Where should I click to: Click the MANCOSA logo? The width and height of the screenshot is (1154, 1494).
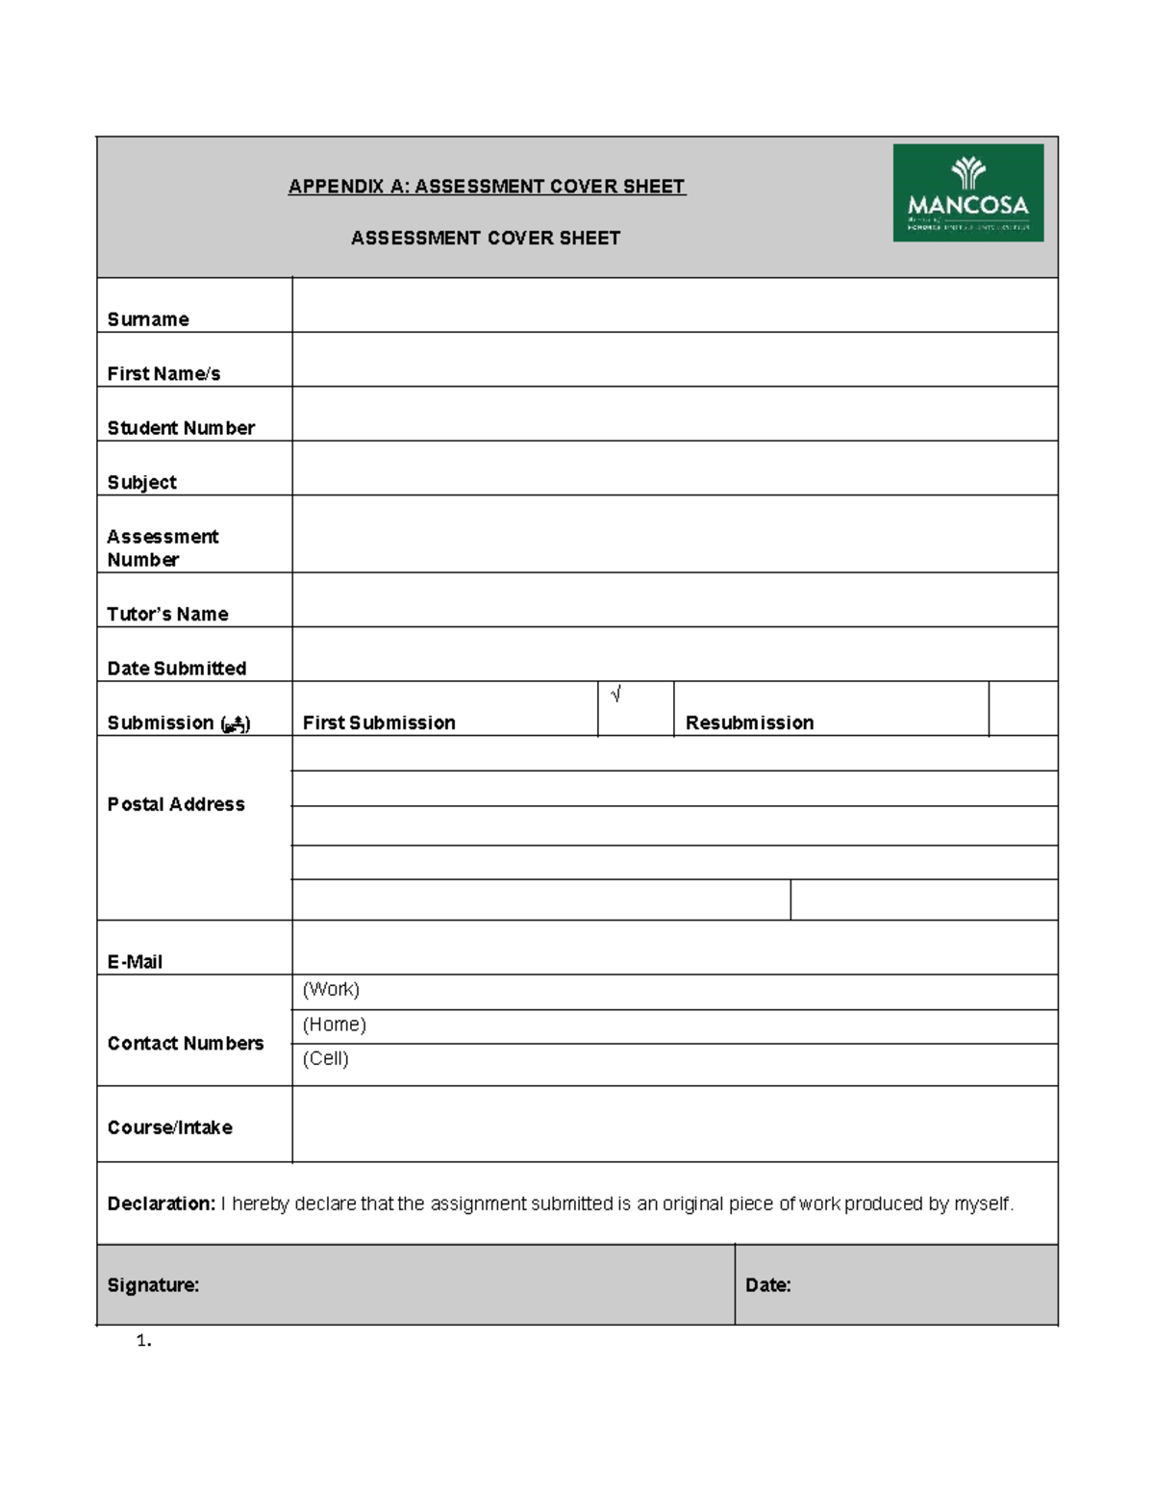[967, 192]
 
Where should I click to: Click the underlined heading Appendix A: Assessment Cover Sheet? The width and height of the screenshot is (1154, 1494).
[487, 187]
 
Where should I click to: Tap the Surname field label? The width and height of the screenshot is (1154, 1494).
[148, 319]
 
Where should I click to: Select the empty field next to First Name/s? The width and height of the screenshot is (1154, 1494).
[674, 360]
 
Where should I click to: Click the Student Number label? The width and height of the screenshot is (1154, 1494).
[181, 428]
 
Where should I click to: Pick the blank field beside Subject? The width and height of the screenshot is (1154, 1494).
[674, 468]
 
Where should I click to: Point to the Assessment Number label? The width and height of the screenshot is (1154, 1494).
[163, 548]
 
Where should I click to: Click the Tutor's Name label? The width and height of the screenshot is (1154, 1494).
[167, 614]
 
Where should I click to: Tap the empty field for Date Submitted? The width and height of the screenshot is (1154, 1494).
[674, 654]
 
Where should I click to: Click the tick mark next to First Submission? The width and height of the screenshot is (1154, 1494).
[615, 695]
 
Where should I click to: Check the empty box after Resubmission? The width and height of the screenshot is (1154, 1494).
[1022, 709]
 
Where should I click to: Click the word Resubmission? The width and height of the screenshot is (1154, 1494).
[749, 722]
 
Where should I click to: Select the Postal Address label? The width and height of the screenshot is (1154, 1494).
[176, 804]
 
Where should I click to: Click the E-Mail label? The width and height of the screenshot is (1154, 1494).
[135, 962]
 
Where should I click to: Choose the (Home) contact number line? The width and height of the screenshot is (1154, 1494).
[674, 1026]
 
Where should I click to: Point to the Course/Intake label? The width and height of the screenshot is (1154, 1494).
[170, 1127]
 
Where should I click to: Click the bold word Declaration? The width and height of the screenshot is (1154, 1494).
[161, 1203]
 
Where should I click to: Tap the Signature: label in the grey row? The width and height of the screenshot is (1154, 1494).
[153, 1285]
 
